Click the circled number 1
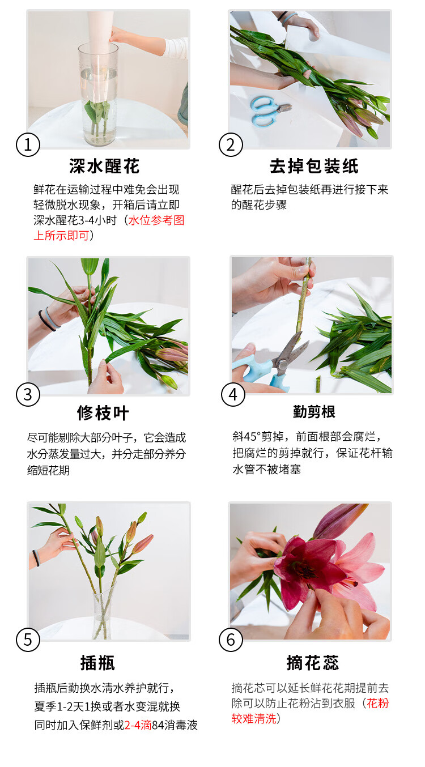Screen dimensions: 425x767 [28, 144]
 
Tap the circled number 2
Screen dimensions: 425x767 [231, 144]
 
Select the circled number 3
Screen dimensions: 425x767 [28, 394]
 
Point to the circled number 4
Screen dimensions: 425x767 [233, 394]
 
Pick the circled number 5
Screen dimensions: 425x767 [28, 640]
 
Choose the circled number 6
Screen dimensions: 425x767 [231, 640]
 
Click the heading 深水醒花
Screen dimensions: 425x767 [104, 167]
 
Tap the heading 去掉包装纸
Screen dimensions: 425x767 [314, 167]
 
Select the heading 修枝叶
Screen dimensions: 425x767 [103, 413]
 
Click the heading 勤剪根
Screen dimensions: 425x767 [314, 412]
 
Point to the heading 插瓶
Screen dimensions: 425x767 [97, 663]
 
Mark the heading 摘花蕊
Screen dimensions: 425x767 [313, 663]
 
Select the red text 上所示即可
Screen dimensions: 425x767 [61, 236]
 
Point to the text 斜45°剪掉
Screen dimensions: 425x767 [258, 437]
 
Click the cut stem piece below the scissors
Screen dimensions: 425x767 [318, 384]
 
